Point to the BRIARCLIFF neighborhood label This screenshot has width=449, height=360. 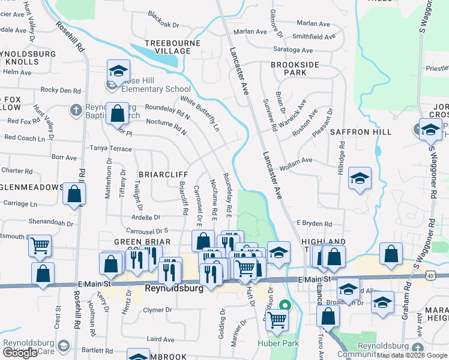(x=164, y=174)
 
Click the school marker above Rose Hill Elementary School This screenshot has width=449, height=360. (x=119, y=71)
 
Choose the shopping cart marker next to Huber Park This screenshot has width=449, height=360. (x=276, y=320)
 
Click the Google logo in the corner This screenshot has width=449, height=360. (x=20, y=353)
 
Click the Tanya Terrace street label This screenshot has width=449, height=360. (x=110, y=148)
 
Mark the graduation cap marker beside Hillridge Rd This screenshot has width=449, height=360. (x=360, y=178)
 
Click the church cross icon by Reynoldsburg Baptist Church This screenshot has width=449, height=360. (x=76, y=109)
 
